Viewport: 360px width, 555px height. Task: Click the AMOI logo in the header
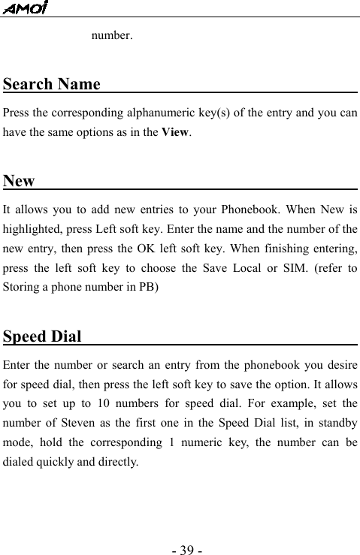click(x=25, y=8)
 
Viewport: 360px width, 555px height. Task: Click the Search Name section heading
click(x=52, y=83)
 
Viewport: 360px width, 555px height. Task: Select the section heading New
click(x=19, y=181)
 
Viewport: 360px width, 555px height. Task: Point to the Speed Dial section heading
click(x=42, y=335)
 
